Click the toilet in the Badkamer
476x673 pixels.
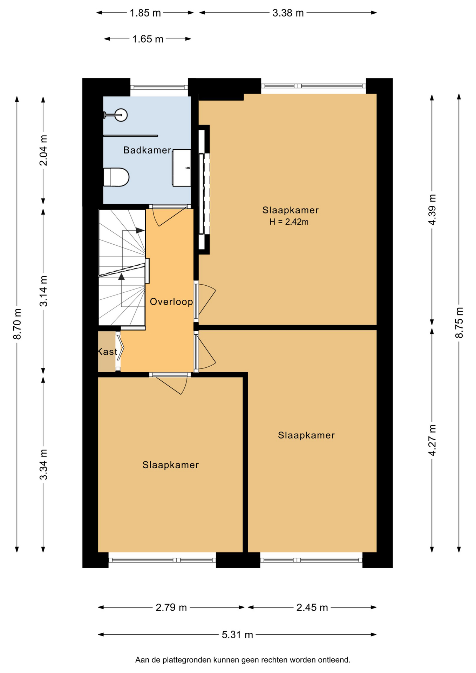(x=116, y=177)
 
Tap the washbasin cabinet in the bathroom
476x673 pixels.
(x=182, y=168)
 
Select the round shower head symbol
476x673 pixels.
(x=121, y=115)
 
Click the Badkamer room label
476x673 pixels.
(x=147, y=150)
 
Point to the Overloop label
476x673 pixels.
(x=171, y=302)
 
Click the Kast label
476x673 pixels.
(x=107, y=352)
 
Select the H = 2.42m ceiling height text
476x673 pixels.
(x=289, y=222)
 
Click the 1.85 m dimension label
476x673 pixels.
(x=145, y=13)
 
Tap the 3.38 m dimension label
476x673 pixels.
(x=288, y=13)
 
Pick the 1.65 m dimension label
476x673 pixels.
(x=148, y=39)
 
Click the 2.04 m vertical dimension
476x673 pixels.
(x=43, y=150)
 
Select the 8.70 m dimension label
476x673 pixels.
(x=17, y=324)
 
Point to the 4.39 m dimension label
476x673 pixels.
(x=432, y=210)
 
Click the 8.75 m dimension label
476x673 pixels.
(x=459, y=323)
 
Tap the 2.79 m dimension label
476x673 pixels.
(x=171, y=607)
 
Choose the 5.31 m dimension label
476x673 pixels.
(x=237, y=635)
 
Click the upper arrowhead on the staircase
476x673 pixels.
(x=140, y=230)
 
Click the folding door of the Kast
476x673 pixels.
(x=120, y=348)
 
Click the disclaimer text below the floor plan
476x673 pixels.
(x=243, y=660)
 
